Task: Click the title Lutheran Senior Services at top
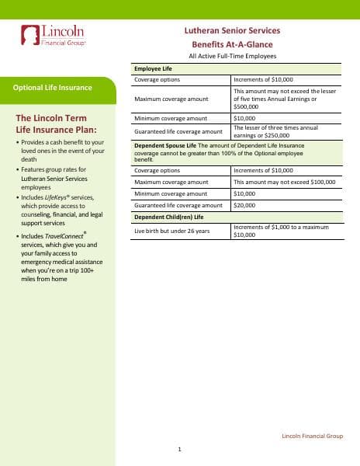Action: tap(230, 30)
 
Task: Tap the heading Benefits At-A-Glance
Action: tap(230, 43)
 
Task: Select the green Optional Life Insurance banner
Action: tap(53, 88)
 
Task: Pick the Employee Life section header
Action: tap(154, 69)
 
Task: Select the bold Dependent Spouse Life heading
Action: tap(165, 145)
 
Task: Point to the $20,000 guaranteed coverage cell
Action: tap(244, 205)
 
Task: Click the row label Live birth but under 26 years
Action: tap(171, 231)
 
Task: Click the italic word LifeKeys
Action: tap(60, 198)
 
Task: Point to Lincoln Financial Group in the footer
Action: tap(312, 437)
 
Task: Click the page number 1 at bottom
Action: tap(179, 450)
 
